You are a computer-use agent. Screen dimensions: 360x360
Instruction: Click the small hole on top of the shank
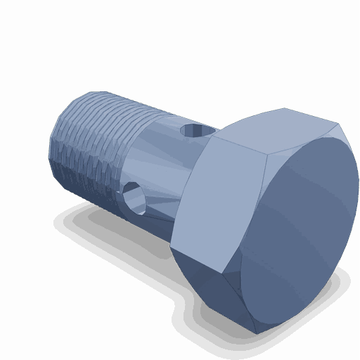pos(192,130)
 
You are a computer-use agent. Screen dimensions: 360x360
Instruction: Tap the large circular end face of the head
pos(295,232)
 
